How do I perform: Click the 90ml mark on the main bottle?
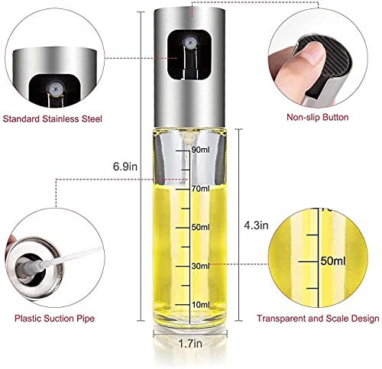click(201, 150)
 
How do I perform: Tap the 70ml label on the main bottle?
click(201, 189)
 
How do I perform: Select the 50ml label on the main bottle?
click(201, 227)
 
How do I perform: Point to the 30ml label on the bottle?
click(201, 266)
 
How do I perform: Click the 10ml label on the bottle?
click(201, 305)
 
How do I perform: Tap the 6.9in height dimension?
click(125, 167)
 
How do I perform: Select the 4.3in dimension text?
click(256, 225)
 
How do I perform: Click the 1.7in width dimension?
click(190, 344)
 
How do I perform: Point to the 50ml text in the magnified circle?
click(333, 261)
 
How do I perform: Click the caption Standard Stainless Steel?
click(53, 119)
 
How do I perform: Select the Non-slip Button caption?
click(318, 118)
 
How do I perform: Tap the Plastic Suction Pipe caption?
click(54, 319)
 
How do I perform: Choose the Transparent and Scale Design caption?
click(318, 319)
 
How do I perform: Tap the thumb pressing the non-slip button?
click(299, 67)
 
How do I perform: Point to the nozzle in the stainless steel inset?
click(56, 89)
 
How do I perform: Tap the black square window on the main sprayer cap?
click(190, 55)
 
